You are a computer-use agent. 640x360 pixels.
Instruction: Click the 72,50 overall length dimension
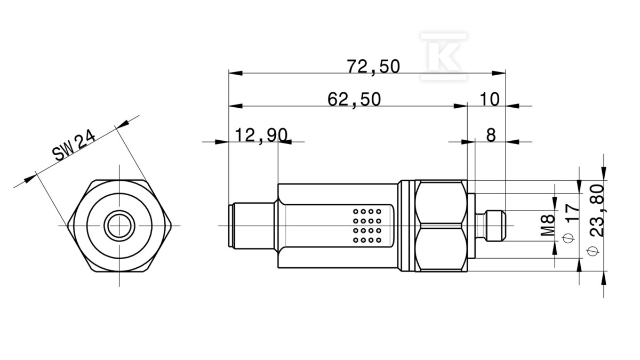pos(373,67)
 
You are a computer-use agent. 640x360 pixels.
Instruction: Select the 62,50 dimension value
pos(354,100)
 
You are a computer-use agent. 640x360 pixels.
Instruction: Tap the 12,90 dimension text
pos(261,135)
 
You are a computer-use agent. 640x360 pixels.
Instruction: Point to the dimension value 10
pos(490,99)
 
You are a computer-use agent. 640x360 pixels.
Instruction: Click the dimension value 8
pos(491,135)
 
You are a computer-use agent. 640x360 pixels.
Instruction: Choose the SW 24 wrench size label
pos(74,145)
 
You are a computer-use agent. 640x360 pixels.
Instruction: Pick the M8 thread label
pos(547,226)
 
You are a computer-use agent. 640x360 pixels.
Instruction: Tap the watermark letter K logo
pos(444,57)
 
